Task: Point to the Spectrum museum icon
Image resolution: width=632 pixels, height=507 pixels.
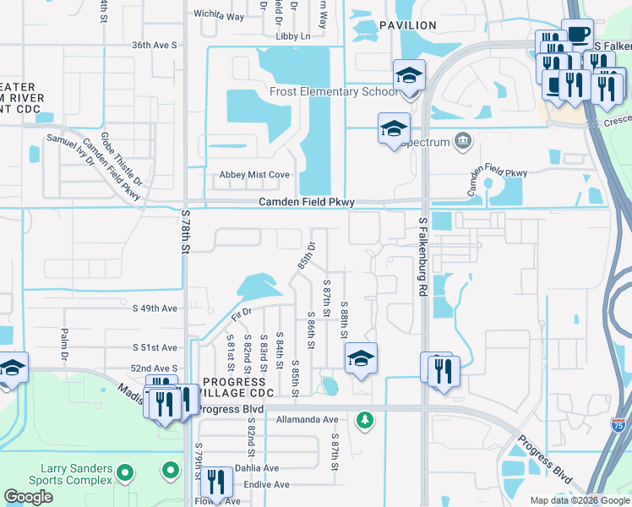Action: [463, 141]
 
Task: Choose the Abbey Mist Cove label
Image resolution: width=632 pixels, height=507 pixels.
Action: [254, 175]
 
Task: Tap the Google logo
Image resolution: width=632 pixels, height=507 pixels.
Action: [28, 497]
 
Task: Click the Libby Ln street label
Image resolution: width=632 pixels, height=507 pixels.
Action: [293, 36]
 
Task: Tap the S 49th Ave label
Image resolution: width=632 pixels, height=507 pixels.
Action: [155, 309]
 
